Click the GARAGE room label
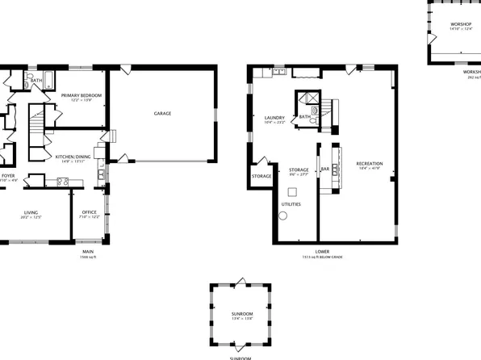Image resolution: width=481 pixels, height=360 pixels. point(162,114)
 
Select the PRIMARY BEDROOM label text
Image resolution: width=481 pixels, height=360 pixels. point(81,95)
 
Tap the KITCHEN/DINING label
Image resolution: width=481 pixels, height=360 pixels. point(73,157)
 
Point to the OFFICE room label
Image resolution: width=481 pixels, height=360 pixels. point(90,211)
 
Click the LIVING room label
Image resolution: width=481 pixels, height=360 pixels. point(30,211)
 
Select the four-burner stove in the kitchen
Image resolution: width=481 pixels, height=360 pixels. point(62,182)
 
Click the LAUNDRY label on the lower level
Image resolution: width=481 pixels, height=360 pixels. point(275,118)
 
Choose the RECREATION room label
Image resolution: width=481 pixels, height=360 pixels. point(370,164)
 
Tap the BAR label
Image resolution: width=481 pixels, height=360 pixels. point(325,169)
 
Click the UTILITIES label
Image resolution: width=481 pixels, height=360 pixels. point(291,204)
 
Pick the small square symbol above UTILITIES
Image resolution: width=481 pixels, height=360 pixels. point(292,191)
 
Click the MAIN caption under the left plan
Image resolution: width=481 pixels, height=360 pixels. point(87,252)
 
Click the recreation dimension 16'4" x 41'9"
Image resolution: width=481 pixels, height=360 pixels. point(370,170)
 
